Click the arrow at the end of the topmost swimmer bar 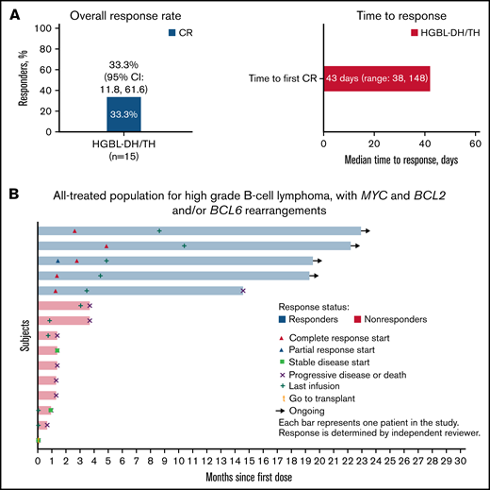[367, 230]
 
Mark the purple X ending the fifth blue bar [243, 290]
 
